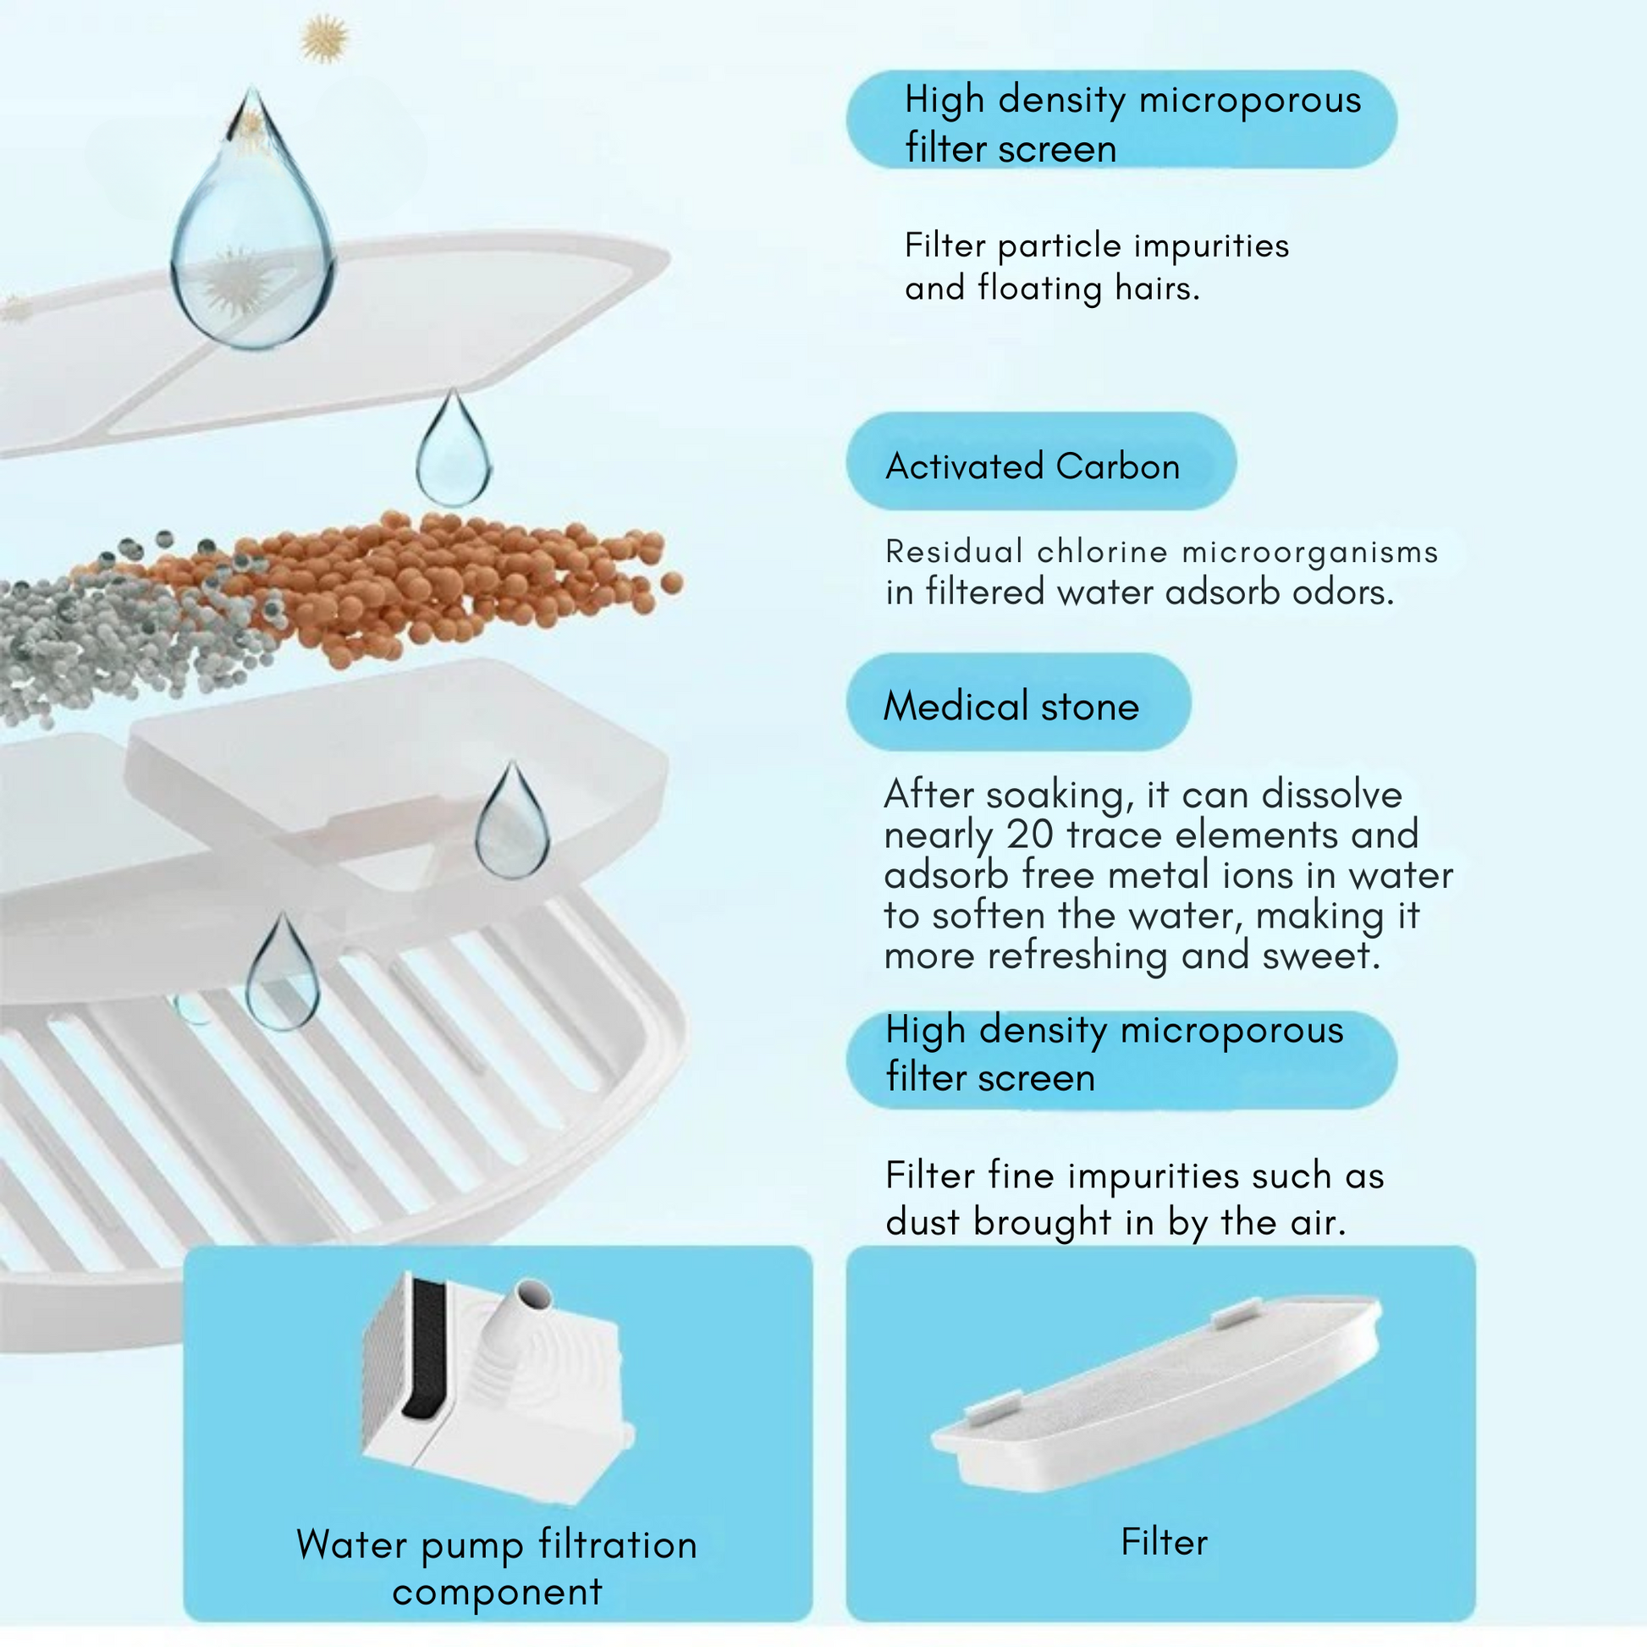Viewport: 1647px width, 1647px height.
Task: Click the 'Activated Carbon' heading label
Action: (x=1033, y=466)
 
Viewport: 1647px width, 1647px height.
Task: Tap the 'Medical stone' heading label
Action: (x=1011, y=706)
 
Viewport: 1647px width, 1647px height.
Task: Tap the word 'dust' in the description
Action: (x=924, y=1221)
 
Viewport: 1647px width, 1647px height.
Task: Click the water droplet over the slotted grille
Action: (x=282, y=972)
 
